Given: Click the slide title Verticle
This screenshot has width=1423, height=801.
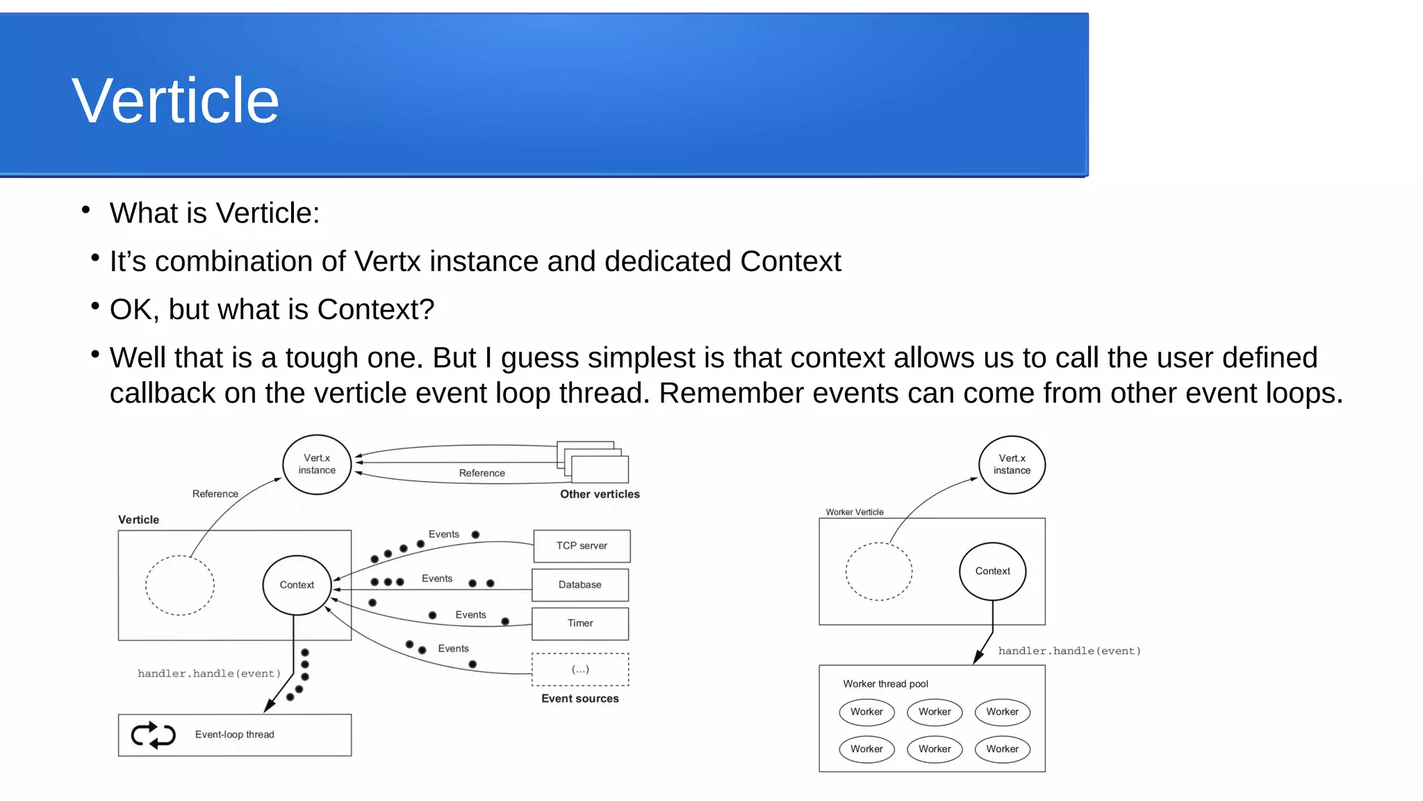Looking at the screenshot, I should coord(175,102).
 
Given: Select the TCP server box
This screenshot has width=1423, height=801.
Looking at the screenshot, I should coord(582,546).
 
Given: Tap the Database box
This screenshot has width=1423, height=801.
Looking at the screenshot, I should coord(580,585).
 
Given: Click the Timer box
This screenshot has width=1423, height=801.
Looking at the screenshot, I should coord(580,624).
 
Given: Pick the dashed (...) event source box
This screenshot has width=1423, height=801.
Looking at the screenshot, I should coord(580,670).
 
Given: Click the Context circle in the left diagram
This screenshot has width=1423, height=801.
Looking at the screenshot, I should coord(297,585).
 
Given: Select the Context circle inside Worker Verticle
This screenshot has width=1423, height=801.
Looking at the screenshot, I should coord(992,571).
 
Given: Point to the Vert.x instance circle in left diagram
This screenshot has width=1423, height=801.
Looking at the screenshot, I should coord(317,464).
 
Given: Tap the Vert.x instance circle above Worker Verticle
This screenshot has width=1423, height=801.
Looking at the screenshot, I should coord(1012,464).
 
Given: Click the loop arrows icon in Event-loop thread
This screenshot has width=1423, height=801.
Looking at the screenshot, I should coord(153,735).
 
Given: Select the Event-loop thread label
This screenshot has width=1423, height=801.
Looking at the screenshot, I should coord(235,735).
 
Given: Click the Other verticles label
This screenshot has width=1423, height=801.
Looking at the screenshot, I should coord(600,494).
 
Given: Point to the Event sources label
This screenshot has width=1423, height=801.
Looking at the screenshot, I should coord(580,699).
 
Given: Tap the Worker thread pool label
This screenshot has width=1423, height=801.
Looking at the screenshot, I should coord(885,684).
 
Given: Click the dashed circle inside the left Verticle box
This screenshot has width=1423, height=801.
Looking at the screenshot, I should coord(180,585).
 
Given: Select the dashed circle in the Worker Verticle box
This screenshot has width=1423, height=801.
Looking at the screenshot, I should coord(879,571).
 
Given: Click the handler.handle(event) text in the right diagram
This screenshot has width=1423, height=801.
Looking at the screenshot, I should coord(1069,652).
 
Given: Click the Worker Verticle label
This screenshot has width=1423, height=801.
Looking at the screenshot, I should coord(855,512).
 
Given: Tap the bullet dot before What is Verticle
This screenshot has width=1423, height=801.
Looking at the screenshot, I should coord(86,209).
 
